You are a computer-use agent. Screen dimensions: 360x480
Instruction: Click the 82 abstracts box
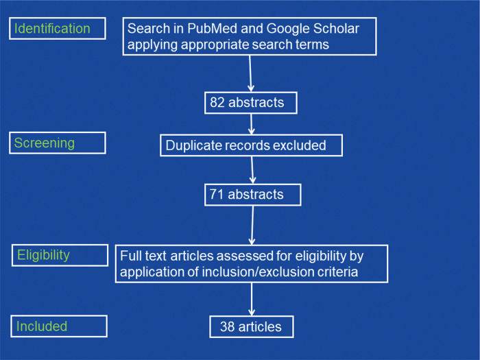point(250,103)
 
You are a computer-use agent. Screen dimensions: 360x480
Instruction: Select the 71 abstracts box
point(253,195)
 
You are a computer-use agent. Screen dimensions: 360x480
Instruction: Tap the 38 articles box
point(251,326)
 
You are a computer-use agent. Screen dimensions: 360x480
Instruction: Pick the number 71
point(219,195)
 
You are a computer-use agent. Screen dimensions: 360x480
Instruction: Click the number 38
point(228,326)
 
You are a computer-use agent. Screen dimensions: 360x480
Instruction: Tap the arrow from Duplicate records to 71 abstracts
point(252,169)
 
